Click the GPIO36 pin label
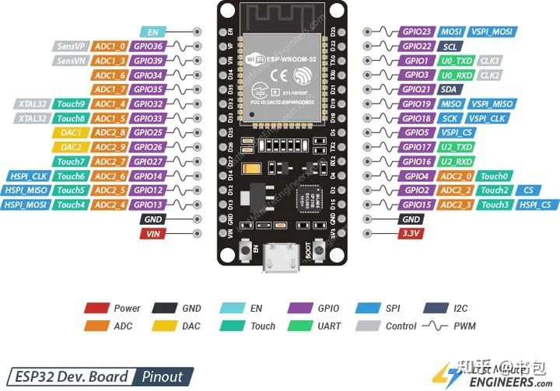147,46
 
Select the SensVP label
70,46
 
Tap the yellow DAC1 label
71,132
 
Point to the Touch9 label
71,103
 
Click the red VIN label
152,233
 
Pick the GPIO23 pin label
416,32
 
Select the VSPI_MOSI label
492,32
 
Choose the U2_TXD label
457,147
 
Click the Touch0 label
495,176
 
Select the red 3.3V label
410,233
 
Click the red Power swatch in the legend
95,309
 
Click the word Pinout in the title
162,377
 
